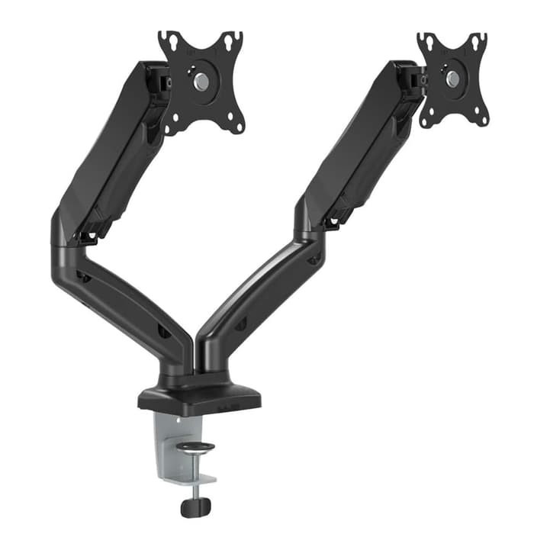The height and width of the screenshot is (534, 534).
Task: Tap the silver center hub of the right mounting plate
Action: pyautogui.click(x=452, y=78)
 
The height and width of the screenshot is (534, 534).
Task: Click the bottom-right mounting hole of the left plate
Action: pyautogui.click(x=236, y=124)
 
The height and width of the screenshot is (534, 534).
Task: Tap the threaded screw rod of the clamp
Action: pyautogui.click(x=196, y=477)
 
